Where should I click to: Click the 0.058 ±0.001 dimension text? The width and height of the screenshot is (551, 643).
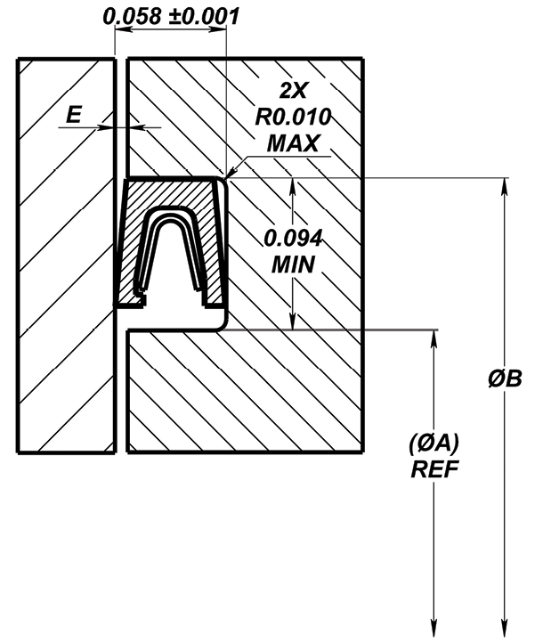click(x=171, y=17)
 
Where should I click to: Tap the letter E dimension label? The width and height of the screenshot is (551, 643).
click(x=74, y=114)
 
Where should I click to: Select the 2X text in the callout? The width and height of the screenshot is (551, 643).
click(x=293, y=91)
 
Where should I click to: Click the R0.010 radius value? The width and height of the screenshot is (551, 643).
click(x=293, y=117)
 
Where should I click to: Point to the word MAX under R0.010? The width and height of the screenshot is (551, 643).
click(x=293, y=143)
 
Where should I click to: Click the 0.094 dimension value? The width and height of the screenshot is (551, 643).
click(x=293, y=239)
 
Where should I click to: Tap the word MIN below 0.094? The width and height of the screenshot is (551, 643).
click(x=293, y=265)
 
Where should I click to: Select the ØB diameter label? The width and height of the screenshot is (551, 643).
click(x=505, y=378)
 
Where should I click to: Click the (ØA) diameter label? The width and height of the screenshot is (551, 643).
click(x=434, y=444)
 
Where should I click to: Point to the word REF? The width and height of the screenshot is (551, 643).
click(x=434, y=469)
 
